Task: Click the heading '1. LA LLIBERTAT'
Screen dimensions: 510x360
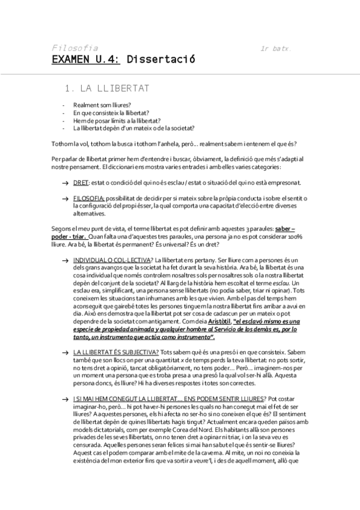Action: click(x=106, y=88)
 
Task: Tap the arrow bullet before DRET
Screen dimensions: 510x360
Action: click(x=64, y=183)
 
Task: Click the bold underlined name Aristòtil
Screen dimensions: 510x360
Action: click(x=216, y=322)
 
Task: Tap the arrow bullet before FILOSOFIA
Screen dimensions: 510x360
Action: click(x=64, y=198)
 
